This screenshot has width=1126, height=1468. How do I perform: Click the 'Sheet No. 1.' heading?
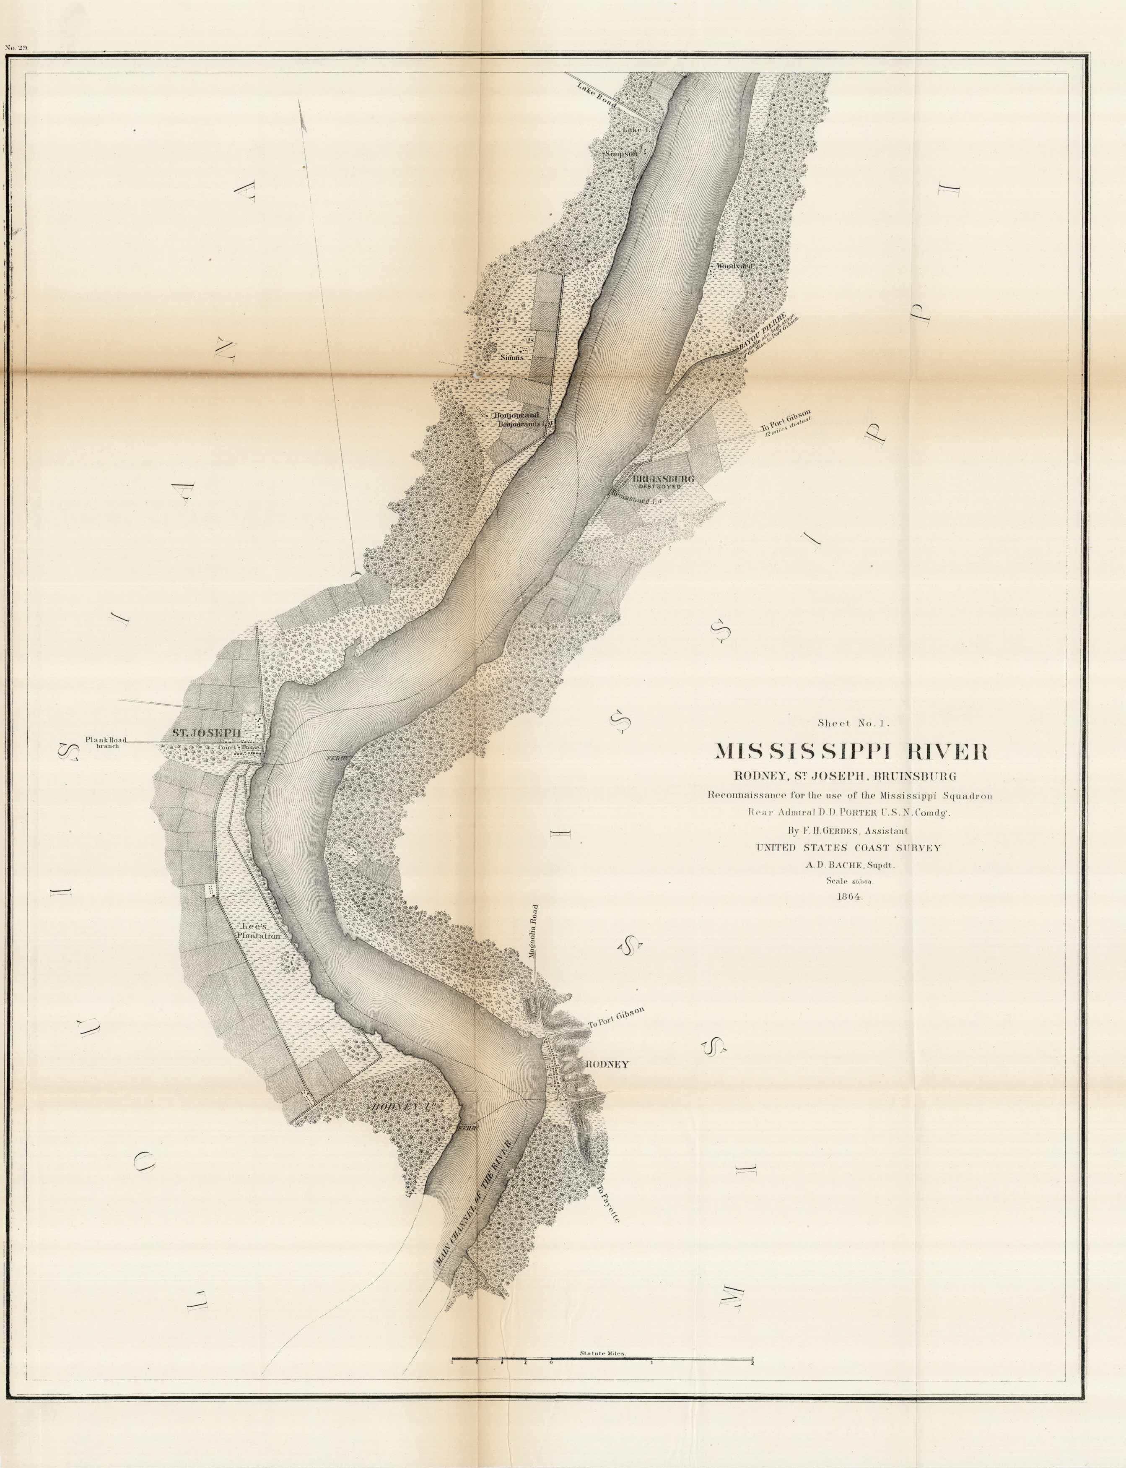[x=853, y=723]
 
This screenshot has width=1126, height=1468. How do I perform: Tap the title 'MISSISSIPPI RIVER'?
[x=851, y=751]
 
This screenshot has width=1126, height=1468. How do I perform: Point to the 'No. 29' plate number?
[x=16, y=48]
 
